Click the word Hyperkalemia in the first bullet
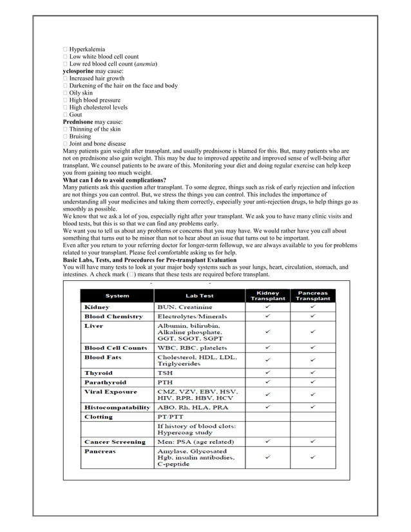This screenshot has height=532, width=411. coord(88,49)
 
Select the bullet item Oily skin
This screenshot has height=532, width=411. coord(81,93)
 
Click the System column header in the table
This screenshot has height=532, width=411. coord(117,296)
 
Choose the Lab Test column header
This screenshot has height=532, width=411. coord(200,296)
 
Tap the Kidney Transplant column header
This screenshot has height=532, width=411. coord(268,296)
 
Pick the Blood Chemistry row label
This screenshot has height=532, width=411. coord(113,317)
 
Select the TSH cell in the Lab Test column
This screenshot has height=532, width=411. coord(165,373)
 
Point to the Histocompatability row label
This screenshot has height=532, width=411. coord(117,407)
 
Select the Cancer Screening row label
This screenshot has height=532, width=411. coord(114,442)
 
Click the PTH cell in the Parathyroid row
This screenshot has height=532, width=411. coord(165,382)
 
